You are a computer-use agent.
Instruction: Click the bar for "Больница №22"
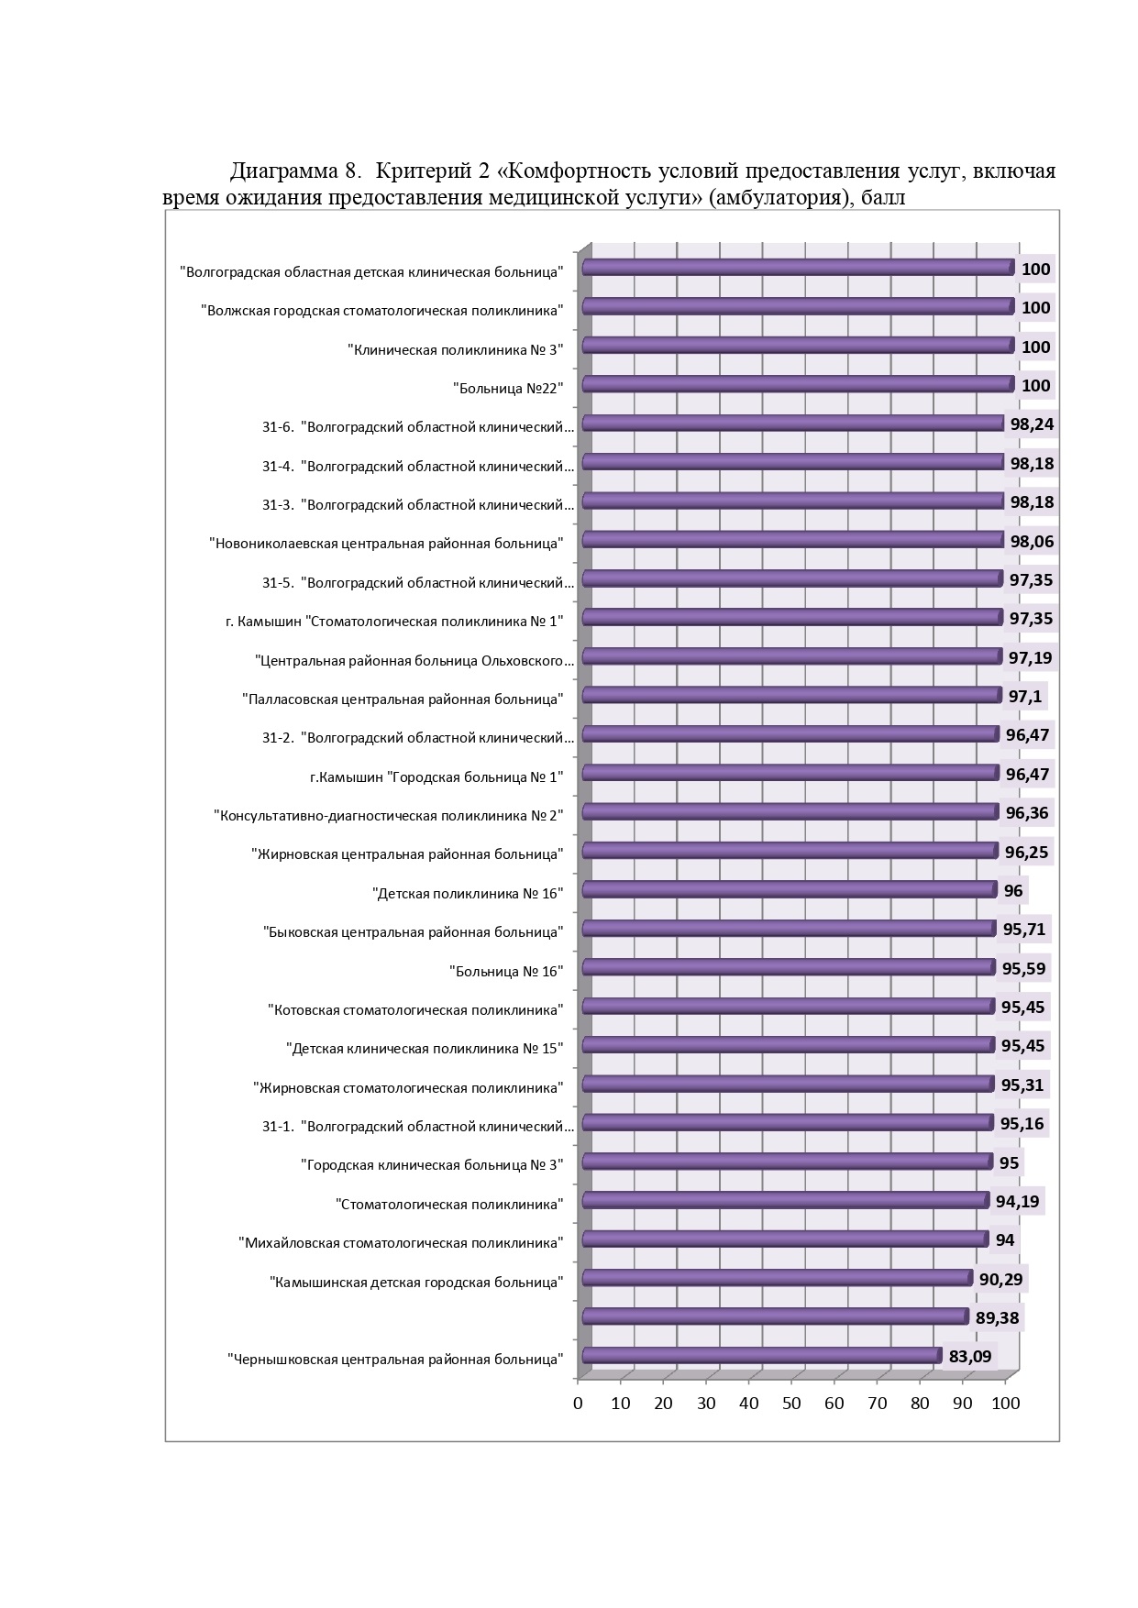tap(799, 384)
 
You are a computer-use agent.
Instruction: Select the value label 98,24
tap(1032, 424)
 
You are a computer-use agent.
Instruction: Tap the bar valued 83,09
tap(762, 1356)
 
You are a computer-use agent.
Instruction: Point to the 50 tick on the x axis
tap(791, 1403)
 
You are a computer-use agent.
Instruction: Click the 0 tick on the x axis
tap(578, 1403)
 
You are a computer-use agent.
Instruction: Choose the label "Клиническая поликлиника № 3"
tap(455, 349)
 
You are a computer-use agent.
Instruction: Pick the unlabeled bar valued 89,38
tap(776, 1316)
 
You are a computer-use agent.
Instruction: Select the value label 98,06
tap(1032, 541)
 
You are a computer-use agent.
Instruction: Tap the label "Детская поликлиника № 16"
tap(468, 893)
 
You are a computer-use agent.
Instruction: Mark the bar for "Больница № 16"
tap(789, 967)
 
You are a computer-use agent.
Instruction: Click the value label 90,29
tap(1001, 1279)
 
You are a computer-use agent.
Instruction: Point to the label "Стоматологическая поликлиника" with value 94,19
tap(449, 1204)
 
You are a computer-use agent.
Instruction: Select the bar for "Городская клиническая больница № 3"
tap(788, 1162)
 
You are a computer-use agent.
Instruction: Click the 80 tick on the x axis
tap(920, 1403)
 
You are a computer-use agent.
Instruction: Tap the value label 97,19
tap(1031, 657)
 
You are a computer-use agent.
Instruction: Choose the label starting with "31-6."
tap(418, 427)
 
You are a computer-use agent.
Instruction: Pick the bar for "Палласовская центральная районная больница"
tap(792, 695)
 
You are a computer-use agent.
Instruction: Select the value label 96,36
tap(1027, 812)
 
